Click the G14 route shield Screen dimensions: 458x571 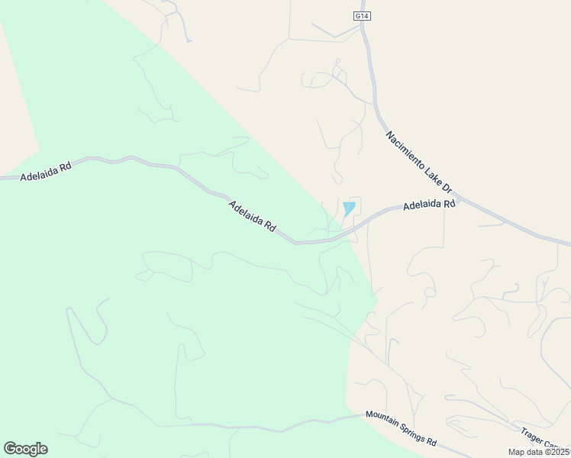(361, 15)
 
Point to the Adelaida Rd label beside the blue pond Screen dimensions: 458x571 (429, 205)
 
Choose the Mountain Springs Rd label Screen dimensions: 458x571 (400, 429)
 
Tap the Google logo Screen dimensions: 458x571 (25, 449)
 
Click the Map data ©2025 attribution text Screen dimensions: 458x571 (539, 452)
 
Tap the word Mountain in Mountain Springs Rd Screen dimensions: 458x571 (382, 421)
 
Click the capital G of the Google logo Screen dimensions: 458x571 (10, 449)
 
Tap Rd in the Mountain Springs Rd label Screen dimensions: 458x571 (431, 441)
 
